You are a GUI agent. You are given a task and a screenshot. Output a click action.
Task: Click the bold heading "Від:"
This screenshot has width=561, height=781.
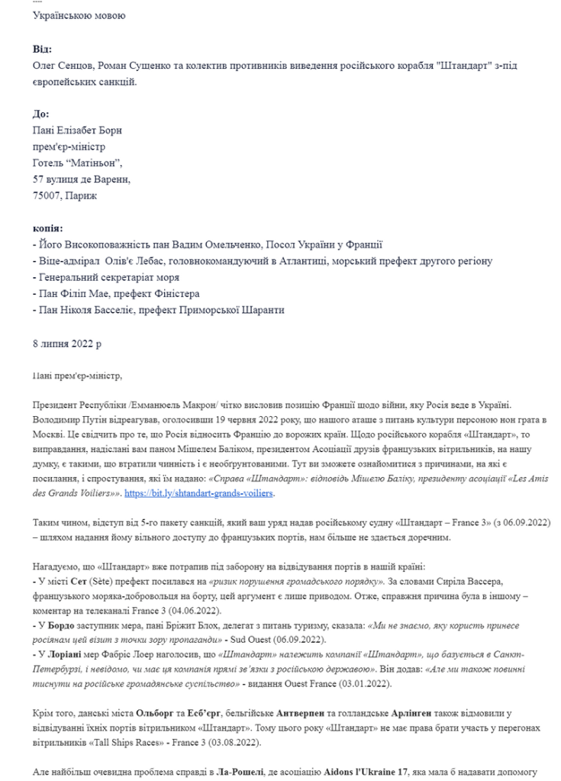click(x=43, y=49)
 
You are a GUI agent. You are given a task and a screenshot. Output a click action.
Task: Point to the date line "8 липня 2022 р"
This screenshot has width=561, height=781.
click(x=68, y=344)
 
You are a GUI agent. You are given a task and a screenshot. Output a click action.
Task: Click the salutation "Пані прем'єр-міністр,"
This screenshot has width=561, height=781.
click(x=79, y=376)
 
